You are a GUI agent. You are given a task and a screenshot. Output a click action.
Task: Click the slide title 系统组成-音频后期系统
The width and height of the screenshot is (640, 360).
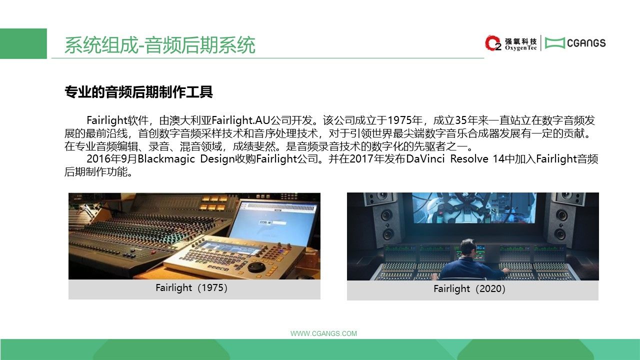[x=159, y=45]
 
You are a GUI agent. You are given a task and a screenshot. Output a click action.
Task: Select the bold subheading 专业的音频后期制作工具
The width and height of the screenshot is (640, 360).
[x=138, y=92]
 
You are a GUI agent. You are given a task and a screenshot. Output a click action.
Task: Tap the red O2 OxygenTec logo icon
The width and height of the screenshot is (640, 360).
[x=493, y=43]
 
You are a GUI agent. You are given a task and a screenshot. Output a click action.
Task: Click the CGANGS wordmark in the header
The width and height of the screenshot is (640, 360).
[x=586, y=43]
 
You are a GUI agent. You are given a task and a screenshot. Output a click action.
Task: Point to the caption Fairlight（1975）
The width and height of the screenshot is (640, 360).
[x=191, y=287]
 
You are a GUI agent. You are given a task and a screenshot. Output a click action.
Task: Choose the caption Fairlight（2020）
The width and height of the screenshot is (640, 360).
[x=469, y=288]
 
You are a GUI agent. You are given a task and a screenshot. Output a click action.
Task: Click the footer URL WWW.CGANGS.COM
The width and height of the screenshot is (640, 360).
[x=323, y=333]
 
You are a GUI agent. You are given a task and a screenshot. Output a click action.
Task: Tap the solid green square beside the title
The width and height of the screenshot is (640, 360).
[x=23, y=43]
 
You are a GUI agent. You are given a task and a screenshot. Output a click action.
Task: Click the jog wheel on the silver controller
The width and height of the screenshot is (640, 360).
[x=256, y=267]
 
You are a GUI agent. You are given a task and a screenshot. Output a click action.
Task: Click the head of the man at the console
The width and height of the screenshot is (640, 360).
[x=468, y=247]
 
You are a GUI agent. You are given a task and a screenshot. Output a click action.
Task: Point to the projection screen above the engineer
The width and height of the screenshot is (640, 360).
[x=474, y=207]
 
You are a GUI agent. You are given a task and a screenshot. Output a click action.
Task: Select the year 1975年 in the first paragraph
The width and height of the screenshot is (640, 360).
[x=405, y=120]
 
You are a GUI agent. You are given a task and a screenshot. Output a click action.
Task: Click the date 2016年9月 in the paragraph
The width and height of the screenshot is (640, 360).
[x=111, y=159]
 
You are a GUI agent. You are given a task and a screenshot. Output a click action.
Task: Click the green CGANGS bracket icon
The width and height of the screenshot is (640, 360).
[x=554, y=43]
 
